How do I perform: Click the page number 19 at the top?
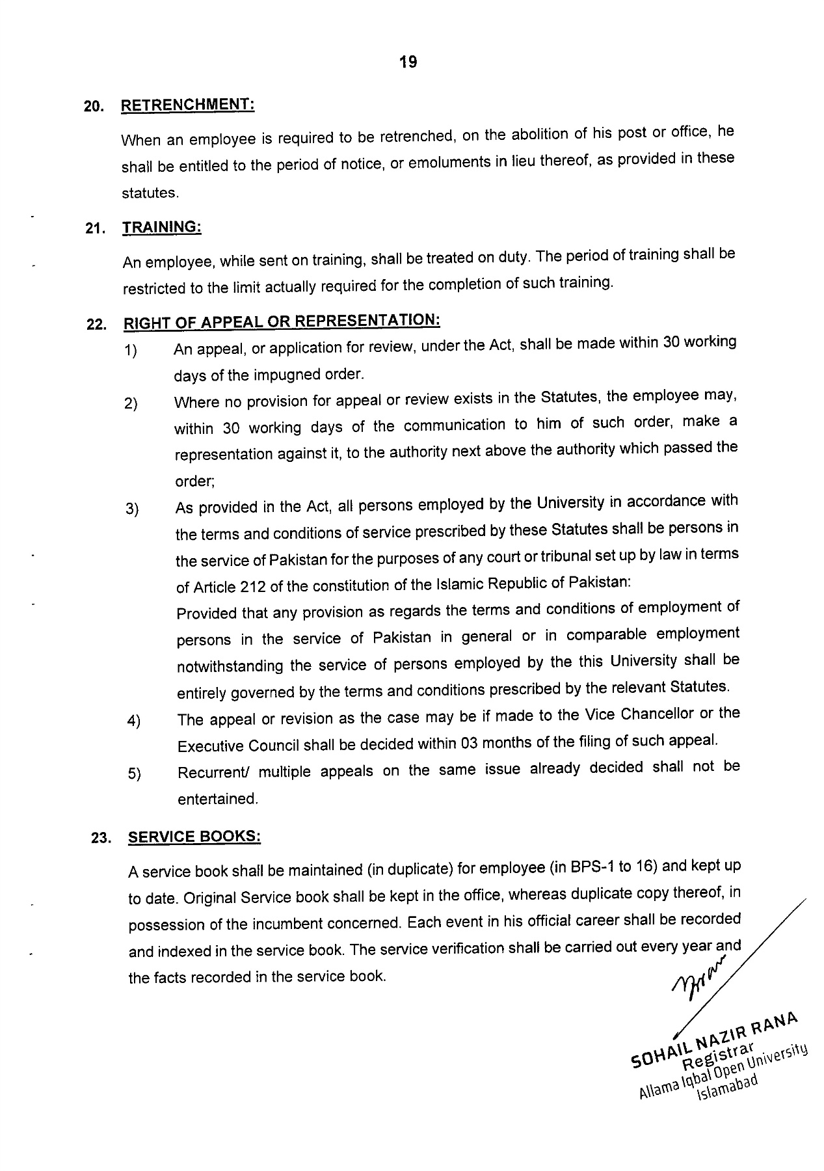coord(408,62)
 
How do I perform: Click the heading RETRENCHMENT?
coord(187,105)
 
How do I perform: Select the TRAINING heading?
coord(162,227)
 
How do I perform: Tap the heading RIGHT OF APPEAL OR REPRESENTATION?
coord(282,321)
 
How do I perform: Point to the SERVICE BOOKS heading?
coord(194,837)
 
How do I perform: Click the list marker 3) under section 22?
coord(132,509)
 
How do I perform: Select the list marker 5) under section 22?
coord(135,775)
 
